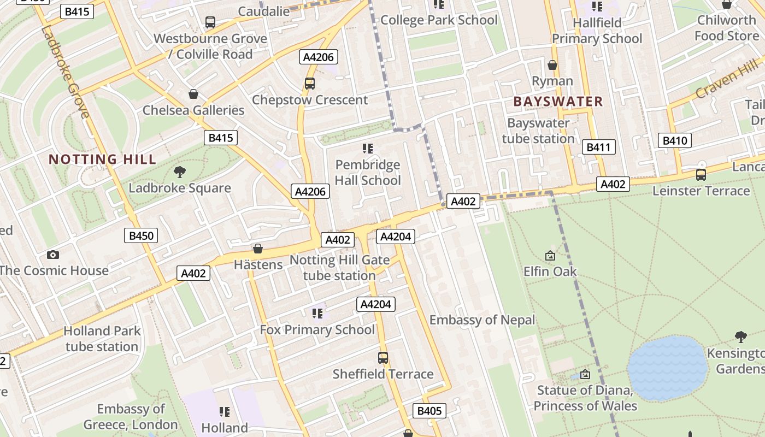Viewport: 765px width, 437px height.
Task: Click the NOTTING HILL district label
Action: (x=102, y=160)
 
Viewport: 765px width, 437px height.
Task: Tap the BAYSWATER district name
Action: (x=558, y=102)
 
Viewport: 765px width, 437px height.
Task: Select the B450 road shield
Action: (x=141, y=236)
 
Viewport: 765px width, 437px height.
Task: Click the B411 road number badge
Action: (x=598, y=147)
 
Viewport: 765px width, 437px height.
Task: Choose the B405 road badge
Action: (x=429, y=411)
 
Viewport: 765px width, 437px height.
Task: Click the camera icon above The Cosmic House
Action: (x=53, y=255)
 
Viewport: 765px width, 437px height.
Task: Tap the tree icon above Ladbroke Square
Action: (x=179, y=173)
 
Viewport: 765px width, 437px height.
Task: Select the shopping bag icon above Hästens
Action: (x=258, y=249)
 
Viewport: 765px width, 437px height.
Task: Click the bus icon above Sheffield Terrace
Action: (x=383, y=358)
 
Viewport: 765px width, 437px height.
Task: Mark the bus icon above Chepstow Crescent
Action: (x=310, y=84)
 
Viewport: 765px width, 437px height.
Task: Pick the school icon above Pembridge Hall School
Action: (x=367, y=149)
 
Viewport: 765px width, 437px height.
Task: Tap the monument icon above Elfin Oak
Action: (x=550, y=255)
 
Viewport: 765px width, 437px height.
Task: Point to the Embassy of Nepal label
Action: (x=482, y=320)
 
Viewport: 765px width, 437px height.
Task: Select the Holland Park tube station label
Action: (x=102, y=339)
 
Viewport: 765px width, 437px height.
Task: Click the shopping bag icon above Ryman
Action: (x=552, y=65)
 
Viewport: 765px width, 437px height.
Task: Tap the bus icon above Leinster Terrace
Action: (x=701, y=175)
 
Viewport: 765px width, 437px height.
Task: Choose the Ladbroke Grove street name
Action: (x=65, y=72)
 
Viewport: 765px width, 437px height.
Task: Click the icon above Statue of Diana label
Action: (x=585, y=374)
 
